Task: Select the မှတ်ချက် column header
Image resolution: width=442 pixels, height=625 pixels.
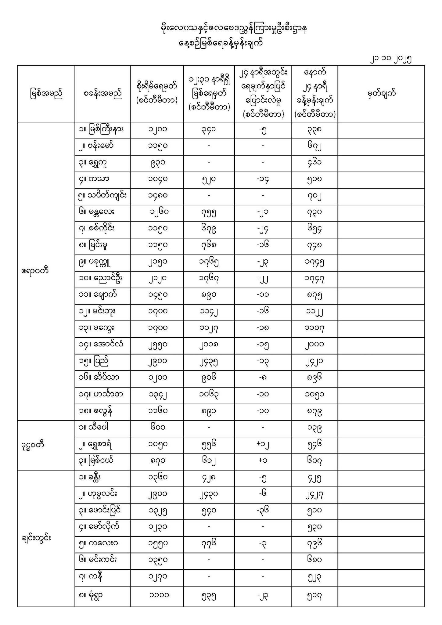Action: pos(381,93)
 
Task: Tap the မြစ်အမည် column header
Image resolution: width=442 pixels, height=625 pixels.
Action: pos(46,93)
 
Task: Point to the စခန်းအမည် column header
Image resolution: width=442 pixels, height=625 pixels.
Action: pos(102,93)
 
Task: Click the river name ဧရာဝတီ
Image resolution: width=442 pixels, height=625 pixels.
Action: pos(35,271)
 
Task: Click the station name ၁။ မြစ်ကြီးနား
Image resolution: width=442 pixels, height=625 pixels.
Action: pos(101,129)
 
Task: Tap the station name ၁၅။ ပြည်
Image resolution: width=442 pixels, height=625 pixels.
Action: pos(93,362)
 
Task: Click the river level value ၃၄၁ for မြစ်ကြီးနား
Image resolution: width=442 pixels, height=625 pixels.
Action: pos(209,129)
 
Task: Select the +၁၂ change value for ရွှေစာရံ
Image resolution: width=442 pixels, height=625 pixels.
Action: pos(263,445)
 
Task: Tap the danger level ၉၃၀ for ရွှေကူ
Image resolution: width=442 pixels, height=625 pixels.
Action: pos(157,162)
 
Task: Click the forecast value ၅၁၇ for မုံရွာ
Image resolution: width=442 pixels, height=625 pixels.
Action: pos(314,595)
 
